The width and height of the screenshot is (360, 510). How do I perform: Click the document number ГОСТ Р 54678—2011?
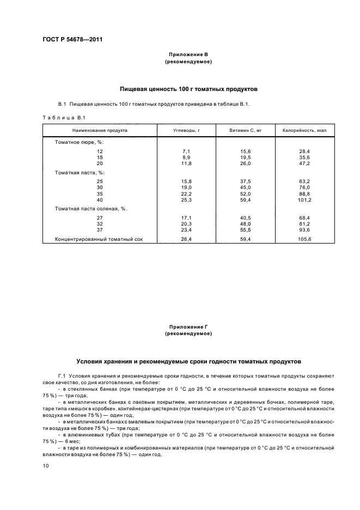[x=72, y=40]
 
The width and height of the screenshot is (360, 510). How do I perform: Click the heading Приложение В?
[x=188, y=55]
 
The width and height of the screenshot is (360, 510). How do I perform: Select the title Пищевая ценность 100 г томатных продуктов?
[x=188, y=88]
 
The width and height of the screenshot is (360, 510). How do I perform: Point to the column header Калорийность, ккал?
[x=304, y=131]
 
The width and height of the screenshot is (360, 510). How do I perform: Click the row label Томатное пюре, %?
[x=78, y=142]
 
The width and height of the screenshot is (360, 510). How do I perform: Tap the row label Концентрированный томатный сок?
[x=99, y=239]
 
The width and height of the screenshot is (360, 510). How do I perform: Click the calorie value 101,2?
[x=304, y=200]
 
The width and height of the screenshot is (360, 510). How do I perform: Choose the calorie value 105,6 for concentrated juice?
[x=304, y=239]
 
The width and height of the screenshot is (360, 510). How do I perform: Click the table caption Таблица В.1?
[x=64, y=117]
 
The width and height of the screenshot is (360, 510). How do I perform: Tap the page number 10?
[x=46, y=466]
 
